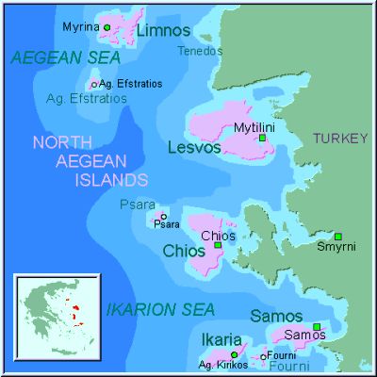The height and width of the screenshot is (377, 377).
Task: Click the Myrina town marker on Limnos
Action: coord(107,27)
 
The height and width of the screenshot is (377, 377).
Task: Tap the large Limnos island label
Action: coord(163,32)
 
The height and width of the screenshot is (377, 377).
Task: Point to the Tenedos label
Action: coord(200,50)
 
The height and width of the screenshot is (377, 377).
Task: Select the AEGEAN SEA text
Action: coord(66,58)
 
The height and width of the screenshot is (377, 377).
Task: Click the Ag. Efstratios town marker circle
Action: coord(92,85)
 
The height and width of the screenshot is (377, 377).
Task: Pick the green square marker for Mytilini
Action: coord(262,139)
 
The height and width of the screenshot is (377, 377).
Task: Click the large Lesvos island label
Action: coord(194,148)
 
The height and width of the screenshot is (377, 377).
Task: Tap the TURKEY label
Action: coord(340,139)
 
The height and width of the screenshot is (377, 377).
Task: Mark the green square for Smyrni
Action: coord(338,237)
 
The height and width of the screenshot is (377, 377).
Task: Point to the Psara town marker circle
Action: coord(163,216)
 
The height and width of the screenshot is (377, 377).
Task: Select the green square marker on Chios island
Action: coord(218,245)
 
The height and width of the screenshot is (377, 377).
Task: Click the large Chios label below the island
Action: coord(183,252)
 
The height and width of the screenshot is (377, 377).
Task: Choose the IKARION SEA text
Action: coord(160,309)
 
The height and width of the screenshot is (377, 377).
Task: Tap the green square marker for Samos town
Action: coord(317,326)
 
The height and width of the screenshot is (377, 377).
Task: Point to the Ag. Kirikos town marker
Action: coord(234,354)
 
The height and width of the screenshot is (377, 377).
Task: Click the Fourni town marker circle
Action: coord(264,356)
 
